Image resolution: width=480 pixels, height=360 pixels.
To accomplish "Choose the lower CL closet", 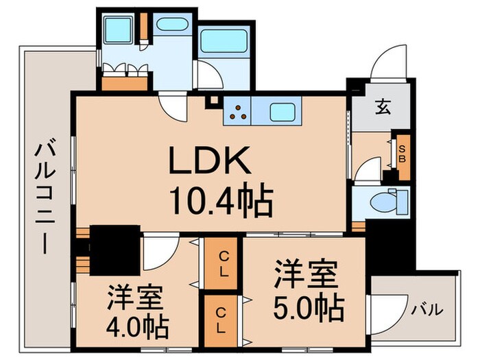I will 222,319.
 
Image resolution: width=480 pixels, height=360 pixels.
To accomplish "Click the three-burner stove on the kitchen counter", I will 238,111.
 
